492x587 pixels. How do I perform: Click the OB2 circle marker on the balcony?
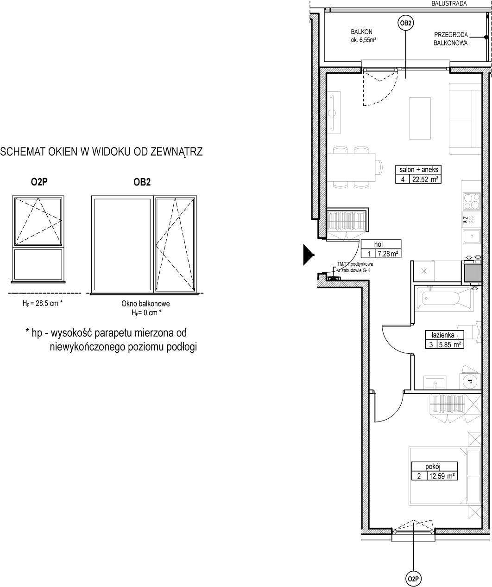[x=406, y=23]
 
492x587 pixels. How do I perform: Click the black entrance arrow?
[x=309, y=255]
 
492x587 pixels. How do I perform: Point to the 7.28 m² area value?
[x=388, y=254]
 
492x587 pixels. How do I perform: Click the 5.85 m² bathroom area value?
[x=449, y=344]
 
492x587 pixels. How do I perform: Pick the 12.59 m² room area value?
[x=442, y=476]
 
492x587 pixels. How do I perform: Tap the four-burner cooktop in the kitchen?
[x=472, y=201]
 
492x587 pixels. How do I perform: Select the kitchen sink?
[x=472, y=236]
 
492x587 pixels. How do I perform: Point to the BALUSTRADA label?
[x=449, y=3]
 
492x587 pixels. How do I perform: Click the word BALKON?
[x=362, y=32]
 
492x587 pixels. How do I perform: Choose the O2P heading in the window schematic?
[x=39, y=182]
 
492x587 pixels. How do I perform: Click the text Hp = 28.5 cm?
[x=43, y=303]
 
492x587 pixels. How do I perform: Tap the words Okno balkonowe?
[x=145, y=303]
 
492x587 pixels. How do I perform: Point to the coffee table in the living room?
[x=420, y=118]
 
